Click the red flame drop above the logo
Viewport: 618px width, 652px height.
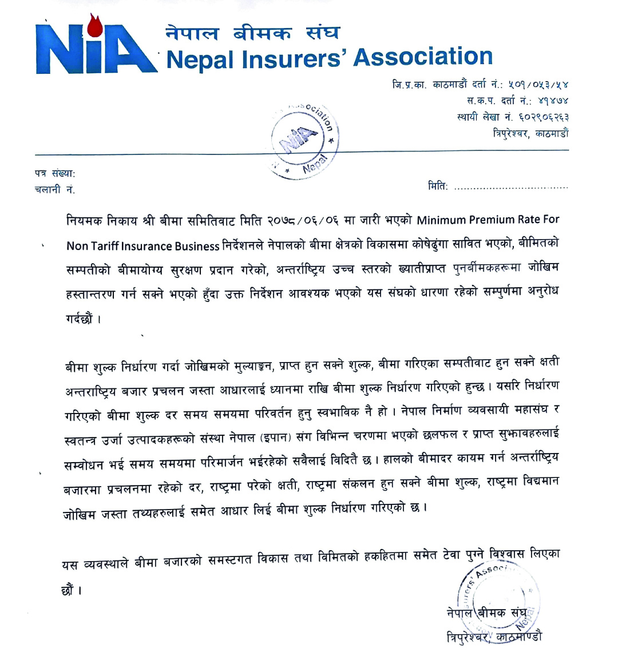94,24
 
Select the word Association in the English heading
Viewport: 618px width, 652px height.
423,57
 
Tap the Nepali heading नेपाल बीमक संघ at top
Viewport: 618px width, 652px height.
252,33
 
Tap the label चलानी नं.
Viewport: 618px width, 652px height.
55,189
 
